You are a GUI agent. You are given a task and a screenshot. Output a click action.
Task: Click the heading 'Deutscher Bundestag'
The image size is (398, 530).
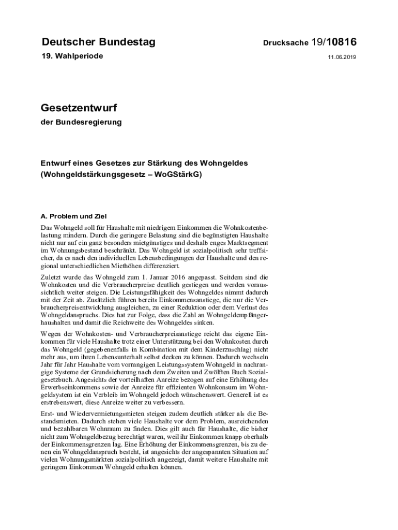98,42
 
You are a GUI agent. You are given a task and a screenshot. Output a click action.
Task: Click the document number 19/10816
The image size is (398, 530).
334,42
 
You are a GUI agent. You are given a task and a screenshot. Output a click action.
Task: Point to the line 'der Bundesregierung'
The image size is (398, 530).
81,123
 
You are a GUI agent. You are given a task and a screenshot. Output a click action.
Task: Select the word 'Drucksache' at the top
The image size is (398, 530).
286,43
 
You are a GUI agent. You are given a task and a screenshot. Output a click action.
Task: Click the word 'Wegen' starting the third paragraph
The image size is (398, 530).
52,334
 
